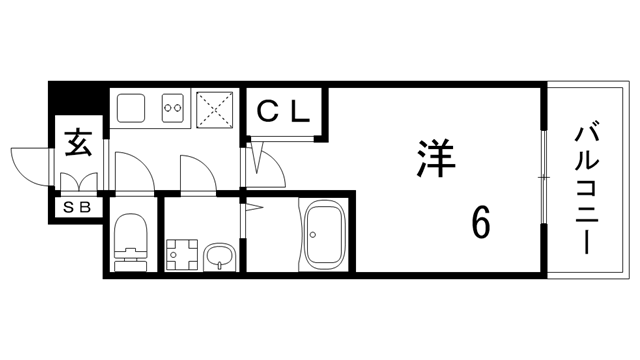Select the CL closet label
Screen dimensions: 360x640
point(285,110)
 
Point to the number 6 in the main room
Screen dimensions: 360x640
point(481,222)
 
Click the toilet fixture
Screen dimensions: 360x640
point(130,244)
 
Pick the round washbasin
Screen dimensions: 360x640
point(220,258)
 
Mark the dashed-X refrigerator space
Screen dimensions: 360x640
point(215,109)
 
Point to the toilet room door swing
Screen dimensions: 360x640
point(132,170)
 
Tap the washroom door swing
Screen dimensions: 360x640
point(198,172)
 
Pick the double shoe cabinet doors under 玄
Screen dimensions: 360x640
point(78,183)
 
